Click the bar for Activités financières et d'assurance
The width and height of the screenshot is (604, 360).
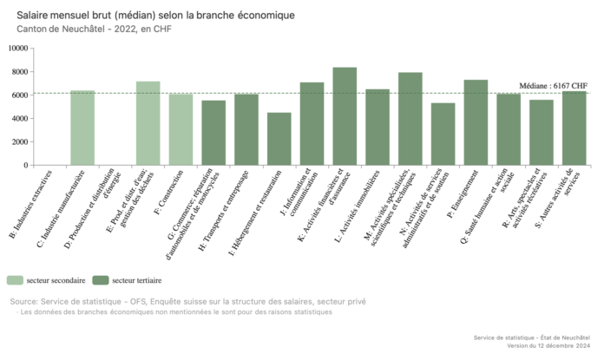coord(345,116)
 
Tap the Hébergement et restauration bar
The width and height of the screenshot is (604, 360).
coord(279,139)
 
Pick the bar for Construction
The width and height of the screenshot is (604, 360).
coord(181,129)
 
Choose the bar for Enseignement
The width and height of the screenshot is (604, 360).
coord(476,122)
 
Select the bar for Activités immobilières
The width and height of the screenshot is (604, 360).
coord(377,127)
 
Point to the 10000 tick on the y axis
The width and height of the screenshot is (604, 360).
coord(17,49)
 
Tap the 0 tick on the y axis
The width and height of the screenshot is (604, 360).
coord(25,166)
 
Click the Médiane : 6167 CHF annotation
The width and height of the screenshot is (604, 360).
coord(554,86)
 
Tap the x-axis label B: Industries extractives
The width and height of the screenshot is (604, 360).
coord(31,205)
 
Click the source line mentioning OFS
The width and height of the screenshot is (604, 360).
coord(187,301)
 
